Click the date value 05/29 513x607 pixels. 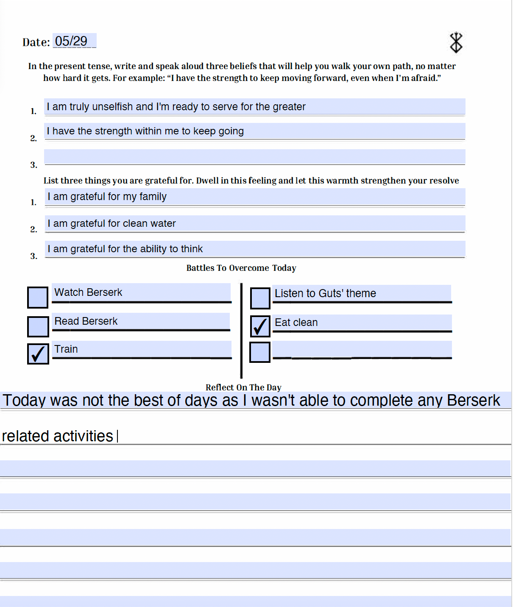coord(71,41)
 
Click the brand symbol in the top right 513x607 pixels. coord(456,42)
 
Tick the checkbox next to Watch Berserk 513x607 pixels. coord(38,298)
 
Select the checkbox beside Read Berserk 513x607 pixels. coord(38,327)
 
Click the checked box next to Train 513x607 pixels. coord(38,354)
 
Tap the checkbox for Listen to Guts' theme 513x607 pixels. coord(260,298)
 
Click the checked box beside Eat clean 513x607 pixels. coord(260,326)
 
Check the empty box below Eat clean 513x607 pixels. coord(260,352)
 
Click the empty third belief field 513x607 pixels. coord(254,156)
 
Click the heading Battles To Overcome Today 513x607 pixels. coord(241,268)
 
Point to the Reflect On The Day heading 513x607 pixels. coord(243,387)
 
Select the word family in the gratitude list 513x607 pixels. coord(153,197)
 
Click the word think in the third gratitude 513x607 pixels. coord(192,249)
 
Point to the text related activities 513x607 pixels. coord(57,436)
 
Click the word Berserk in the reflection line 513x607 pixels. coord(473,401)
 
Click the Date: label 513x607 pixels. coord(36,42)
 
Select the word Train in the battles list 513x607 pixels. coord(66,349)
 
